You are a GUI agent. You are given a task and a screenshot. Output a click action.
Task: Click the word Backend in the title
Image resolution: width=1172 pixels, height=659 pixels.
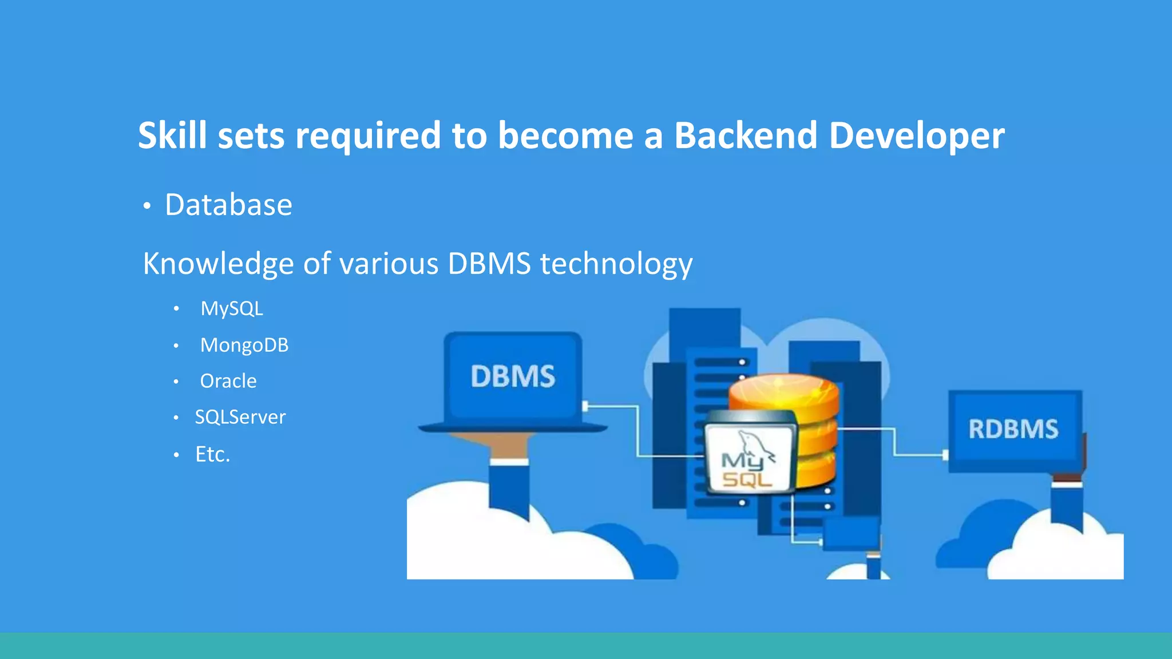(x=746, y=136)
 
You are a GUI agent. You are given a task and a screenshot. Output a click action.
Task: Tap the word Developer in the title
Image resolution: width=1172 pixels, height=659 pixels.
(x=916, y=137)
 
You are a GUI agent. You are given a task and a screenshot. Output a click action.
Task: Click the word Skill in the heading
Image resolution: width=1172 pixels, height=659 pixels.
(x=172, y=136)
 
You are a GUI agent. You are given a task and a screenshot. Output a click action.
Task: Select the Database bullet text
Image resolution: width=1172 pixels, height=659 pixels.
(x=228, y=205)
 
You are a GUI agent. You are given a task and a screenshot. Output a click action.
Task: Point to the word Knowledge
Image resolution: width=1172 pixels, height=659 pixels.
(x=218, y=264)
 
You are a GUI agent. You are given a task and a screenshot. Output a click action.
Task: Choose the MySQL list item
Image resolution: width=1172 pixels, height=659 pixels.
(x=231, y=309)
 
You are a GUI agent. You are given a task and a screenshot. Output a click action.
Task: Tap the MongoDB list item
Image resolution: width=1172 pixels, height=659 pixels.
(x=244, y=346)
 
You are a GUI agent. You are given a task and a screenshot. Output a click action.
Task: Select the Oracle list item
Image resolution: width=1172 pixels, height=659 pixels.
(x=228, y=381)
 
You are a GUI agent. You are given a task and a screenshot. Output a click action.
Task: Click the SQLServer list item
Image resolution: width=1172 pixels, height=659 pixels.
(x=240, y=417)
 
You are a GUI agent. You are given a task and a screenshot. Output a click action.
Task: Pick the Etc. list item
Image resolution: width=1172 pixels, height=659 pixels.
(x=212, y=454)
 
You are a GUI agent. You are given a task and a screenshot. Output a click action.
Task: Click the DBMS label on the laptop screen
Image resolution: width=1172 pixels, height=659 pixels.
(x=513, y=376)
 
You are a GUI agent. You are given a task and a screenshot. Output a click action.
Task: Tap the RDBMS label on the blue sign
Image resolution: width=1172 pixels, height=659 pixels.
(x=1013, y=429)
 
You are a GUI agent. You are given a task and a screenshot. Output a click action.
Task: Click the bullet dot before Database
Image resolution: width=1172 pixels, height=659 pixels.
(x=147, y=206)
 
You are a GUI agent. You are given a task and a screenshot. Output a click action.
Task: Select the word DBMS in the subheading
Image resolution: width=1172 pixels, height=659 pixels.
(x=489, y=264)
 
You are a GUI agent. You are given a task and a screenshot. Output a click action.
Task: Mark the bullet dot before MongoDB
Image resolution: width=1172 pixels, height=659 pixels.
(x=176, y=346)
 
